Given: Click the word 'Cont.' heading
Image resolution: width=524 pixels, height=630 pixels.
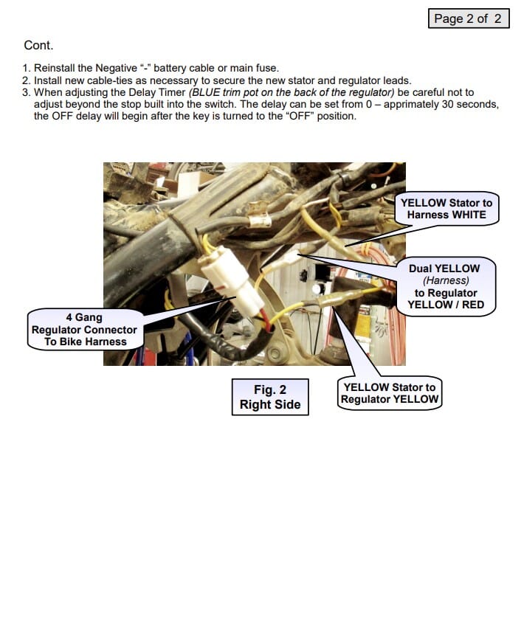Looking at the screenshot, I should click(38, 46).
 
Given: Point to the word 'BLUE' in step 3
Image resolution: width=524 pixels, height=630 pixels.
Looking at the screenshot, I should click(207, 92).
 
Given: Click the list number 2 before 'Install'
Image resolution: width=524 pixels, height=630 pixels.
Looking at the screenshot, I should click(26, 80).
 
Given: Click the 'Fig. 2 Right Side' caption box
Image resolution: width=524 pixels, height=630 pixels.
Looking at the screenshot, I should click(269, 397).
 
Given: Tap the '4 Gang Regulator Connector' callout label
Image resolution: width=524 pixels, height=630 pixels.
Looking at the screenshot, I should click(84, 330).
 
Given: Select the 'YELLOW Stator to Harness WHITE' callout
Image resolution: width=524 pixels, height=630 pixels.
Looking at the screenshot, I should click(447, 209).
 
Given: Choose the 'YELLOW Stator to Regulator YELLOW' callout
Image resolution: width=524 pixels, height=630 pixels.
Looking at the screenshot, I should click(389, 393).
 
